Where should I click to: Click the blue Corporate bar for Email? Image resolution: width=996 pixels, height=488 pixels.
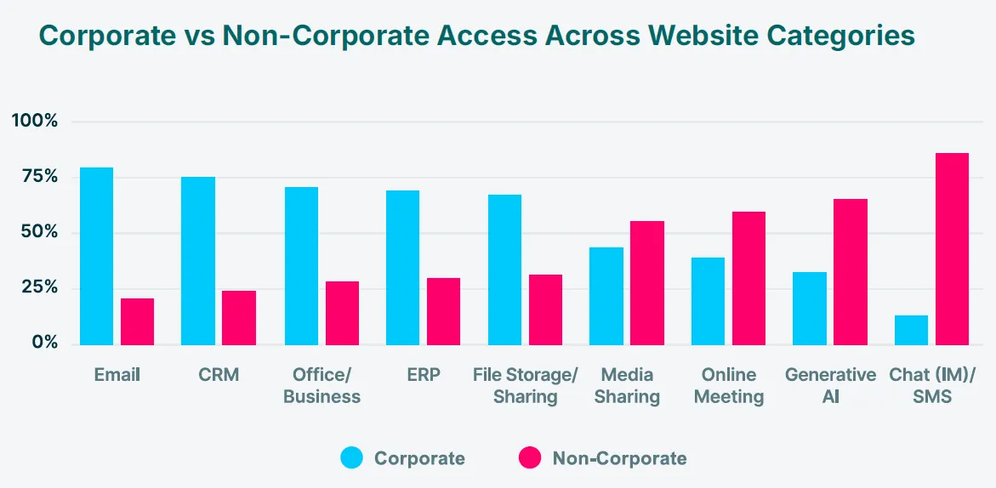tap(96, 256)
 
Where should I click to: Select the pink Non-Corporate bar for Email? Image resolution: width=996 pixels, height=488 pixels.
tap(137, 321)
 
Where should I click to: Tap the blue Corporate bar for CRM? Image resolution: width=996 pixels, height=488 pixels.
tap(198, 260)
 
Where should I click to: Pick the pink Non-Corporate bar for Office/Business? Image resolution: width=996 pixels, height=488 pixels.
tap(342, 313)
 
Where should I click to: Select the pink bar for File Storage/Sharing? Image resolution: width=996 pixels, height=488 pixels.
tap(545, 309)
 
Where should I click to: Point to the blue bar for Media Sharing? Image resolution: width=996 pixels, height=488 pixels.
tap(606, 296)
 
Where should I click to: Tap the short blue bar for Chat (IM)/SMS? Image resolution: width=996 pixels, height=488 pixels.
tap(911, 330)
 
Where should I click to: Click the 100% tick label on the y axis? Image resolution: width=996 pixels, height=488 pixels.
tap(35, 121)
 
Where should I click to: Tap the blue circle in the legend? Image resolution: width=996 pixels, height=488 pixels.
tap(352, 458)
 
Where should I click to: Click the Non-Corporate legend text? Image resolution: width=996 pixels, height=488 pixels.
tap(619, 458)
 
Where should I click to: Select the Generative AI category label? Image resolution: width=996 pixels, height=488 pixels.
tap(830, 385)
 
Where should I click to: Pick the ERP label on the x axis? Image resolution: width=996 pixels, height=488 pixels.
tap(423, 375)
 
